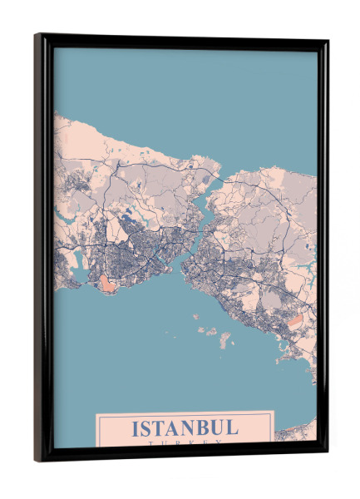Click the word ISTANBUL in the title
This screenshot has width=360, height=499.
tap(185, 428)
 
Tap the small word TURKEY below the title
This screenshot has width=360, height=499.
tap(185, 444)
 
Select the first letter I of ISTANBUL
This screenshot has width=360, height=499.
tap(136, 428)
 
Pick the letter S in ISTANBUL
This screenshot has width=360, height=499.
tap(145, 428)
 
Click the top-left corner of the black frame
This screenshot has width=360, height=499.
tap(37, 36)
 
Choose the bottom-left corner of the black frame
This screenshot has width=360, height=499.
tap(37, 460)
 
